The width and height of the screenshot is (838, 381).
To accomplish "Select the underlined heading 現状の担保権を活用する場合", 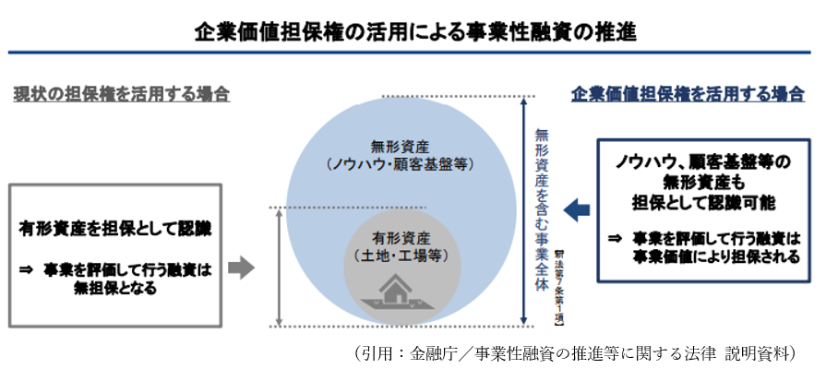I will [x=121, y=95].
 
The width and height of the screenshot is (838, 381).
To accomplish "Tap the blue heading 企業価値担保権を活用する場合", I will [x=688, y=95].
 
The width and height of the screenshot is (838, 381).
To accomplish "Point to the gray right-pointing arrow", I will [x=240, y=268].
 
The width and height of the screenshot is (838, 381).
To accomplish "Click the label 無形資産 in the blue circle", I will [x=400, y=146].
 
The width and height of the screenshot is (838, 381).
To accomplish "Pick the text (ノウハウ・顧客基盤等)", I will [x=400, y=164].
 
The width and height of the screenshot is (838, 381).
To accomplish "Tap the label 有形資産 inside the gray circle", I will [x=400, y=237].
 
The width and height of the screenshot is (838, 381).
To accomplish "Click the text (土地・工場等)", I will [x=400, y=255].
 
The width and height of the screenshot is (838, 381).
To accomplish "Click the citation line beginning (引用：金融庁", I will [x=573, y=353].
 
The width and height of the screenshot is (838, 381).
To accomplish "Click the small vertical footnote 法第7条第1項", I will [x=560, y=286].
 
